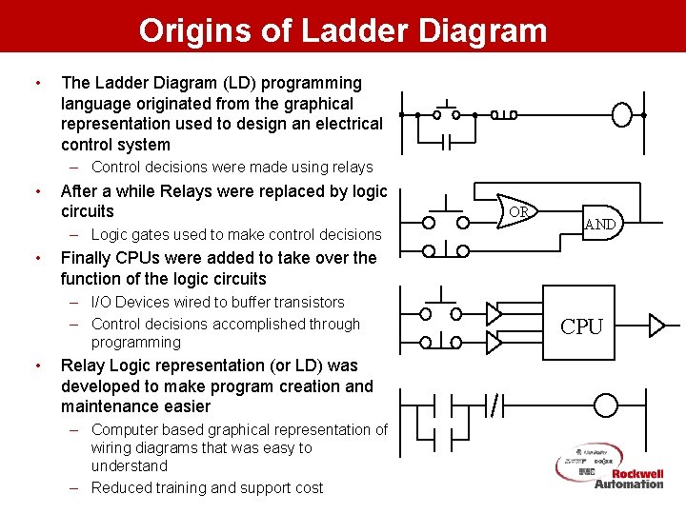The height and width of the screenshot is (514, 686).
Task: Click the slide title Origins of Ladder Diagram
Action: click(343, 30)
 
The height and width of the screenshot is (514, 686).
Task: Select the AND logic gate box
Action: click(599, 225)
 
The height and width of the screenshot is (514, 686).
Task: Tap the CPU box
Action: click(581, 326)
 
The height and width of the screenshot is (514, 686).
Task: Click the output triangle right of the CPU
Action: click(656, 326)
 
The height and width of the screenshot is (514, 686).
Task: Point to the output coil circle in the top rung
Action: click(622, 115)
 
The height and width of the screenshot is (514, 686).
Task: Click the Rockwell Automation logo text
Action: click(629, 479)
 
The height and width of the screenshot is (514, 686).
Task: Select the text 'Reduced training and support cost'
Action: click(207, 488)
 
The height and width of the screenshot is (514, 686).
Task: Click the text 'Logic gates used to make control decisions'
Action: click(235, 234)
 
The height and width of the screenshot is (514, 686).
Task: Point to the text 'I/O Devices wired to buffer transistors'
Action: click(217, 303)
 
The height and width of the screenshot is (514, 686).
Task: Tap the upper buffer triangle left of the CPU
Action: click(494, 313)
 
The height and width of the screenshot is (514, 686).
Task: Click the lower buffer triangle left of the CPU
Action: click(494, 341)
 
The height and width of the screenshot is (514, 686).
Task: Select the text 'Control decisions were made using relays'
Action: click(232, 168)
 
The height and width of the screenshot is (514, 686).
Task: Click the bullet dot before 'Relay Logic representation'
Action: click(36, 366)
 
